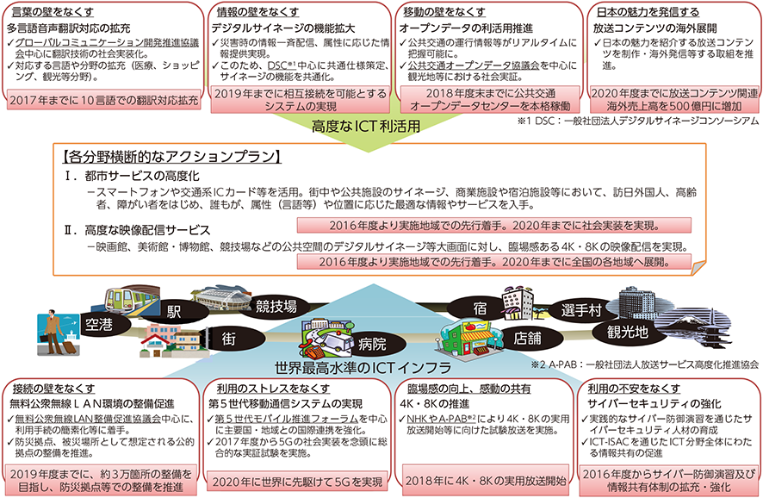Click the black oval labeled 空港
(x=100, y=325)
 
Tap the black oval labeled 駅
(x=174, y=311)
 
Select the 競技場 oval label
(x=276, y=306)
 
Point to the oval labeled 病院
(x=372, y=344)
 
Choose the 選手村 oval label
(x=581, y=310)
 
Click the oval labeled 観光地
(x=627, y=332)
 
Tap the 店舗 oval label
(x=527, y=339)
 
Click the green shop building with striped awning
(x=469, y=337)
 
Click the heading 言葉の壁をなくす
(x=53, y=12)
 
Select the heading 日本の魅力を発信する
(x=648, y=12)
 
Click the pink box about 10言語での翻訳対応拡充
(x=104, y=100)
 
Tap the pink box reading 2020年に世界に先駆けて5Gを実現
(x=297, y=482)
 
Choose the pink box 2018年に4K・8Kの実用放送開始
(x=485, y=481)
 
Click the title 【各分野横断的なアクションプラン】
(x=171, y=157)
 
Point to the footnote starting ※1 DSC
(x=637, y=121)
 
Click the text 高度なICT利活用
(x=365, y=127)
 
